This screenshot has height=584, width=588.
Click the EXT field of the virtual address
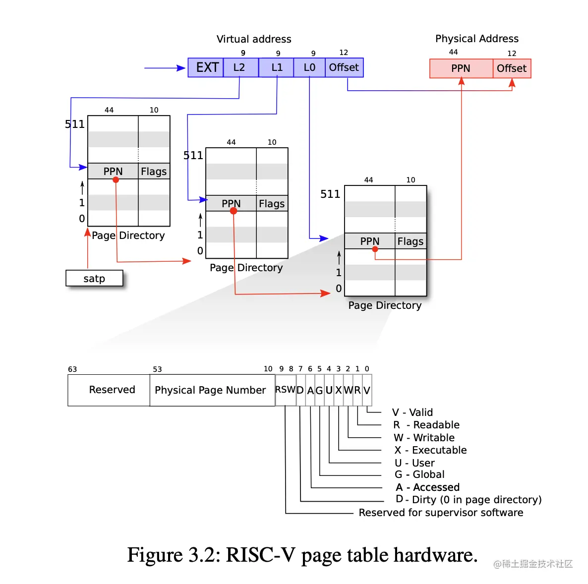pyautogui.click(x=206, y=67)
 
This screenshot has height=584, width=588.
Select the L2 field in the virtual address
pyautogui.click(x=240, y=67)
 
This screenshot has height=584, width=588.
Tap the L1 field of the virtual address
pyautogui.click(x=276, y=67)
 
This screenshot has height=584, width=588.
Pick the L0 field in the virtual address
pyautogui.click(x=309, y=67)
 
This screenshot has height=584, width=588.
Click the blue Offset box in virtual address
pyautogui.click(x=344, y=67)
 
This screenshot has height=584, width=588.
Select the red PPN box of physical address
pyautogui.click(x=461, y=68)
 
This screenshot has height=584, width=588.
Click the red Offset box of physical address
pyautogui.click(x=512, y=68)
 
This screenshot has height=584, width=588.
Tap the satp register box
pyautogui.click(x=94, y=279)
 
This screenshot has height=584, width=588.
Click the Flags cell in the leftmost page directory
pyautogui.click(x=154, y=172)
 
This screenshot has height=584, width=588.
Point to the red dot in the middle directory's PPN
pyautogui.click(x=234, y=211)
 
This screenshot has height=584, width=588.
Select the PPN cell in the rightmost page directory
pyautogui.click(x=370, y=241)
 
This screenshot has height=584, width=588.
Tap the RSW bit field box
pyautogui.click(x=286, y=390)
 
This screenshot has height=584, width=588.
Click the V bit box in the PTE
pyautogui.click(x=367, y=390)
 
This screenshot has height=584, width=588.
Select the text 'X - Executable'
pyautogui.click(x=430, y=450)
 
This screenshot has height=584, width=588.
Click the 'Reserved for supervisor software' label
pyautogui.click(x=441, y=513)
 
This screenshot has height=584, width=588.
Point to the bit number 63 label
pyautogui.click(x=72, y=369)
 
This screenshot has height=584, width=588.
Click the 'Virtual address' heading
pyautogui.click(x=254, y=39)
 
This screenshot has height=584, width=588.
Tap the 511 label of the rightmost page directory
pyautogui.click(x=330, y=194)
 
